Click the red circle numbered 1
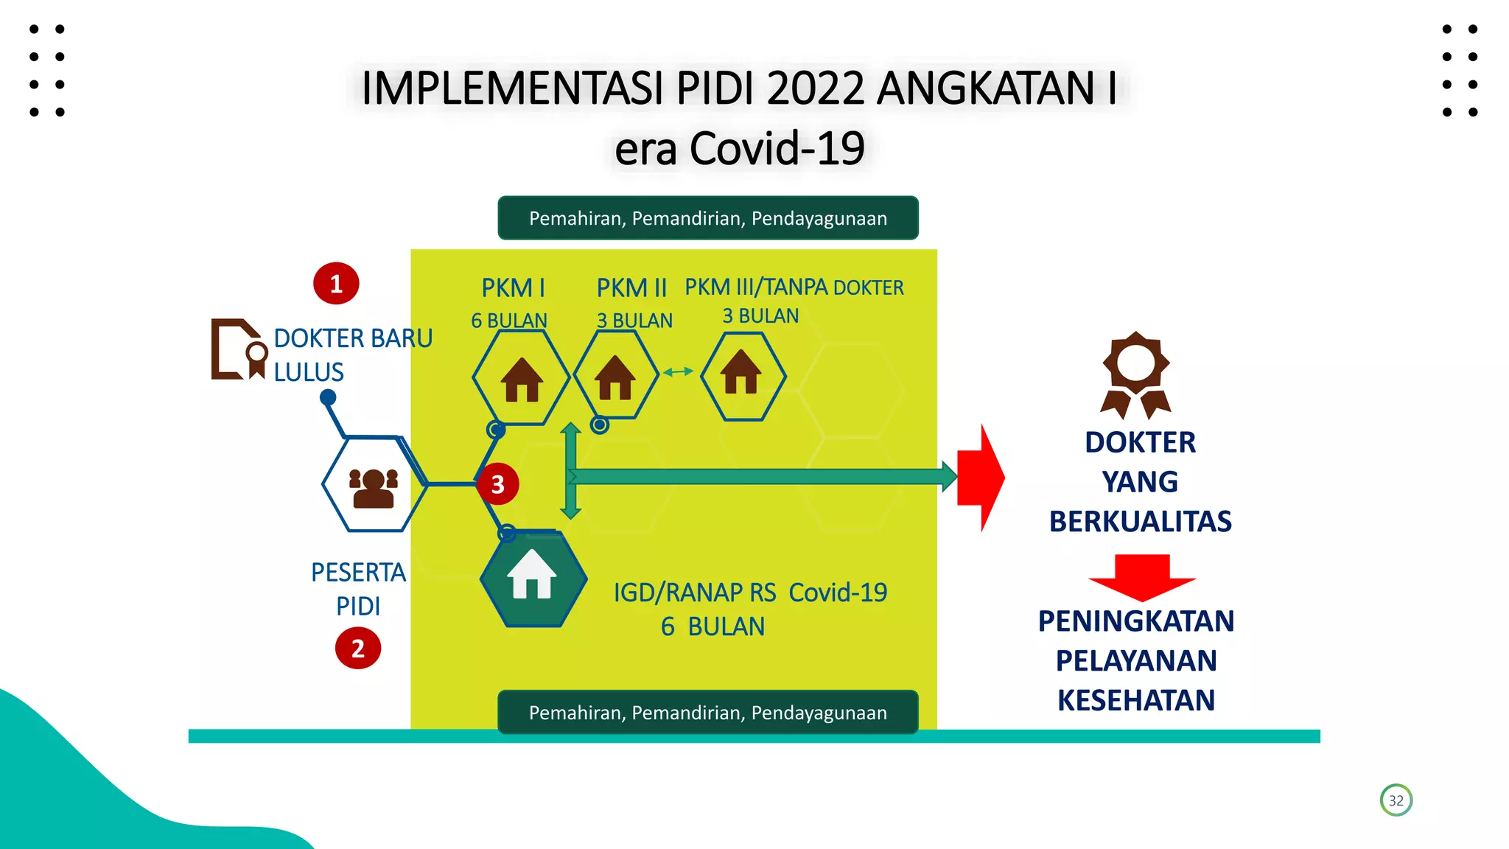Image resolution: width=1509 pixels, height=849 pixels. tap(336, 284)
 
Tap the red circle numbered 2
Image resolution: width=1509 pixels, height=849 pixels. tap(358, 649)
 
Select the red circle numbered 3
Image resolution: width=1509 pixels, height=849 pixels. tap(498, 484)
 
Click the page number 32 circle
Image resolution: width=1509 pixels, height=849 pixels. tap(1396, 800)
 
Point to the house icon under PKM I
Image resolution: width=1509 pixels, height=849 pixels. tap(522, 379)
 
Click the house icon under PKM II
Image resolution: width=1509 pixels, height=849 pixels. tap(615, 377)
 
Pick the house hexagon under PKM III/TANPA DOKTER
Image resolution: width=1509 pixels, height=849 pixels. tap(742, 375)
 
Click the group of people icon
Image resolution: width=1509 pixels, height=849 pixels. tap(374, 488)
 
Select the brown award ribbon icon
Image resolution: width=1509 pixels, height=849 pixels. tap(1135, 374)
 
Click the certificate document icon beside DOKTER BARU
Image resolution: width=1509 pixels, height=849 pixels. tap(238, 349)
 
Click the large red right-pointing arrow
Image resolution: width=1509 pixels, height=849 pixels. tap(981, 478)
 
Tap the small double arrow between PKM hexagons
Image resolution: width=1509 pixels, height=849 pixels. tap(678, 372)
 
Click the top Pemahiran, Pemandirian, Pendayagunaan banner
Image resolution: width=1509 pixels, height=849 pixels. tap(707, 218)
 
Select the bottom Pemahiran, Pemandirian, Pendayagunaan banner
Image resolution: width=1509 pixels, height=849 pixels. tap(707, 713)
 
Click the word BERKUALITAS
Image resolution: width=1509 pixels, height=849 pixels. tap(1140, 521)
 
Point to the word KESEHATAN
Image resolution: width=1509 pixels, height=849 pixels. tap(1135, 700)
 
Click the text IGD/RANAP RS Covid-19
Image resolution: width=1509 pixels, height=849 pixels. tap(750, 593)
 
